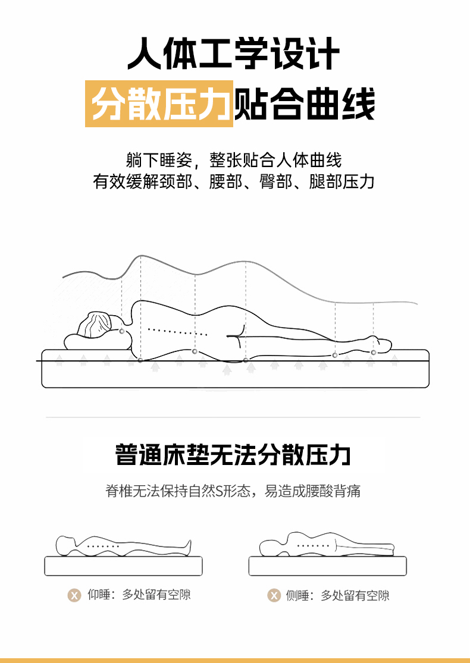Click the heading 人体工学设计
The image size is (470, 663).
234,54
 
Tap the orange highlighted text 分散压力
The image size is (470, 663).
159,103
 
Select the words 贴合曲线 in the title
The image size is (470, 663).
305,103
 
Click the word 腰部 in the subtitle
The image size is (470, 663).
225,181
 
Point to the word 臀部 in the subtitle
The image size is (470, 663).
275,181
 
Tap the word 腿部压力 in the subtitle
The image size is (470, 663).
342,181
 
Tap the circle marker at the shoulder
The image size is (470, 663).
140,360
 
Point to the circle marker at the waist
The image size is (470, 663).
195,351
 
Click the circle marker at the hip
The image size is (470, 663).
245,360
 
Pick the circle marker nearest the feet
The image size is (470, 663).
373,352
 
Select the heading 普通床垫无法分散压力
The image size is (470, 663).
233,455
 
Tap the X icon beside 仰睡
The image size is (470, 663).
74,595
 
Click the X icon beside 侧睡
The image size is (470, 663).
274,595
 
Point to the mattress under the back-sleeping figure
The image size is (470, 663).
124,565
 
